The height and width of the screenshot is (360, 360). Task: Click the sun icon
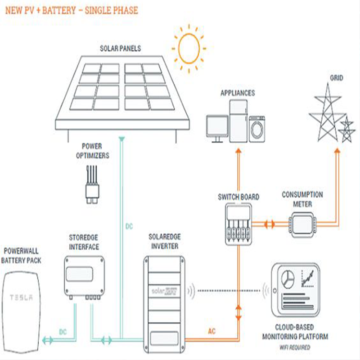[x=189, y=48]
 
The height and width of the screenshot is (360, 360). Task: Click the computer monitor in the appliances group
[x=217, y=127]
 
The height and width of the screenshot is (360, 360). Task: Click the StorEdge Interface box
[x=85, y=277]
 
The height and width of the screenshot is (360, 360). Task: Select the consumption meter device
[x=302, y=223]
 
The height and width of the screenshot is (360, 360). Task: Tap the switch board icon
[x=238, y=223]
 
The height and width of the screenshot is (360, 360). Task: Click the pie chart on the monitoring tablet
[x=288, y=279]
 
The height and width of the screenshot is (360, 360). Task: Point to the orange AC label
[x=211, y=332]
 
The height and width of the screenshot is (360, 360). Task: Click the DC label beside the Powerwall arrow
[x=63, y=332]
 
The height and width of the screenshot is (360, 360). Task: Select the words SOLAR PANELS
[x=120, y=48]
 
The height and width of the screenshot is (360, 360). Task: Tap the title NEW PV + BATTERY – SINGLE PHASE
[x=72, y=10]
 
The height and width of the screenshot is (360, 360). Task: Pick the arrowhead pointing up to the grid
[x=337, y=152]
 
